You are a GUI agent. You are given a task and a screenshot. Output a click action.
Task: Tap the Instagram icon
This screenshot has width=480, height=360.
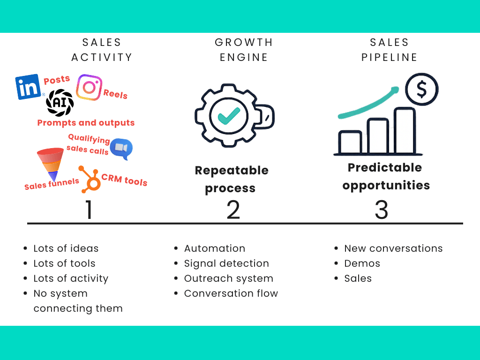pos(89,87)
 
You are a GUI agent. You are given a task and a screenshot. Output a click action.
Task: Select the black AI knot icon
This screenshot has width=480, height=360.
pos(60,103)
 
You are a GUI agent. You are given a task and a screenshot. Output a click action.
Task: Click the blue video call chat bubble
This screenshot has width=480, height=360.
pos(121,149)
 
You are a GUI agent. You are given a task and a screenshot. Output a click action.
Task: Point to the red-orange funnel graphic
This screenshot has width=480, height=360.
pos(50,162)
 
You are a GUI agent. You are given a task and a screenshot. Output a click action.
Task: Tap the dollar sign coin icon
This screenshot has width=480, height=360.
pos(422,89)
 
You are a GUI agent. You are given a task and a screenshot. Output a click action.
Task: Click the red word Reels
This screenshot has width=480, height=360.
pos(115,94)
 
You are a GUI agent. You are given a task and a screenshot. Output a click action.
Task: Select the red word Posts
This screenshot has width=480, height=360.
pos(57,80)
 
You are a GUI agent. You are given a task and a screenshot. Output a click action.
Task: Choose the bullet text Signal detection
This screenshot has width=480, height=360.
pos(226,263)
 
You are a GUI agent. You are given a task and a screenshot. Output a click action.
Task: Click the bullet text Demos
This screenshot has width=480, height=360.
pos(362,263)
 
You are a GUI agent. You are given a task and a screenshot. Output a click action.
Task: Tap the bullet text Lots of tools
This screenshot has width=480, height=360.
pos(64,263)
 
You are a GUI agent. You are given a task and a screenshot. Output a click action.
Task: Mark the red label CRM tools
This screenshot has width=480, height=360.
pos(124,180)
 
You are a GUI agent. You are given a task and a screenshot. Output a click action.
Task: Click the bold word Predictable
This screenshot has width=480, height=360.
pos(385,167)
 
